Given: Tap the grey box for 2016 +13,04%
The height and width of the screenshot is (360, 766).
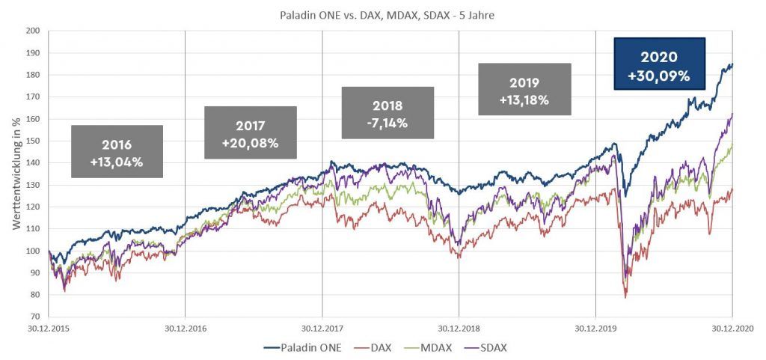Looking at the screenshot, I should pyautogui.click(x=117, y=151).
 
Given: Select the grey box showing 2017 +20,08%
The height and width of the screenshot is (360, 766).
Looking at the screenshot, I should pyautogui.click(x=251, y=132).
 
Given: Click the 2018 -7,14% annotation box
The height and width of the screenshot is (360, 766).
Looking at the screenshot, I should pyautogui.click(x=387, y=113).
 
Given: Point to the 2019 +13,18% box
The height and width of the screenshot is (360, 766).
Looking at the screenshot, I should pyautogui.click(x=524, y=89).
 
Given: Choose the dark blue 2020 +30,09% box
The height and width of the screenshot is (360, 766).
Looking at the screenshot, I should pyautogui.click(x=659, y=64).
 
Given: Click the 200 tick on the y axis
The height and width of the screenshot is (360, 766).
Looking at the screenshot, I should pyautogui.click(x=31, y=31).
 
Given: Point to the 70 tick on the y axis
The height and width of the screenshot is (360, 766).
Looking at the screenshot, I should pyautogui.click(x=34, y=317).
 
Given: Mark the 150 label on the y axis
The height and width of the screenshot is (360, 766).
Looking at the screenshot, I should pyautogui.click(x=31, y=141).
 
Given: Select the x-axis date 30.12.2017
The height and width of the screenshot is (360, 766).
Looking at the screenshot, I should pyautogui.click(x=322, y=328).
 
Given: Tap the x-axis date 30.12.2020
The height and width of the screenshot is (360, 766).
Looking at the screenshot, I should pyautogui.click(x=732, y=328).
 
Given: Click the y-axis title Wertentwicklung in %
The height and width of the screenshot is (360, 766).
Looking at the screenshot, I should pyautogui.click(x=16, y=174).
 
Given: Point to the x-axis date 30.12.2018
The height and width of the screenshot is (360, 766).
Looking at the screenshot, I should pyautogui.click(x=459, y=328).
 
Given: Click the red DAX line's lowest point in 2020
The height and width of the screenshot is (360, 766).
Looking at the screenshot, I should pyautogui.click(x=625, y=298).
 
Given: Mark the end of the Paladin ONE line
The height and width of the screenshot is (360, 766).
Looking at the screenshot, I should pyautogui.click(x=732, y=65).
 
